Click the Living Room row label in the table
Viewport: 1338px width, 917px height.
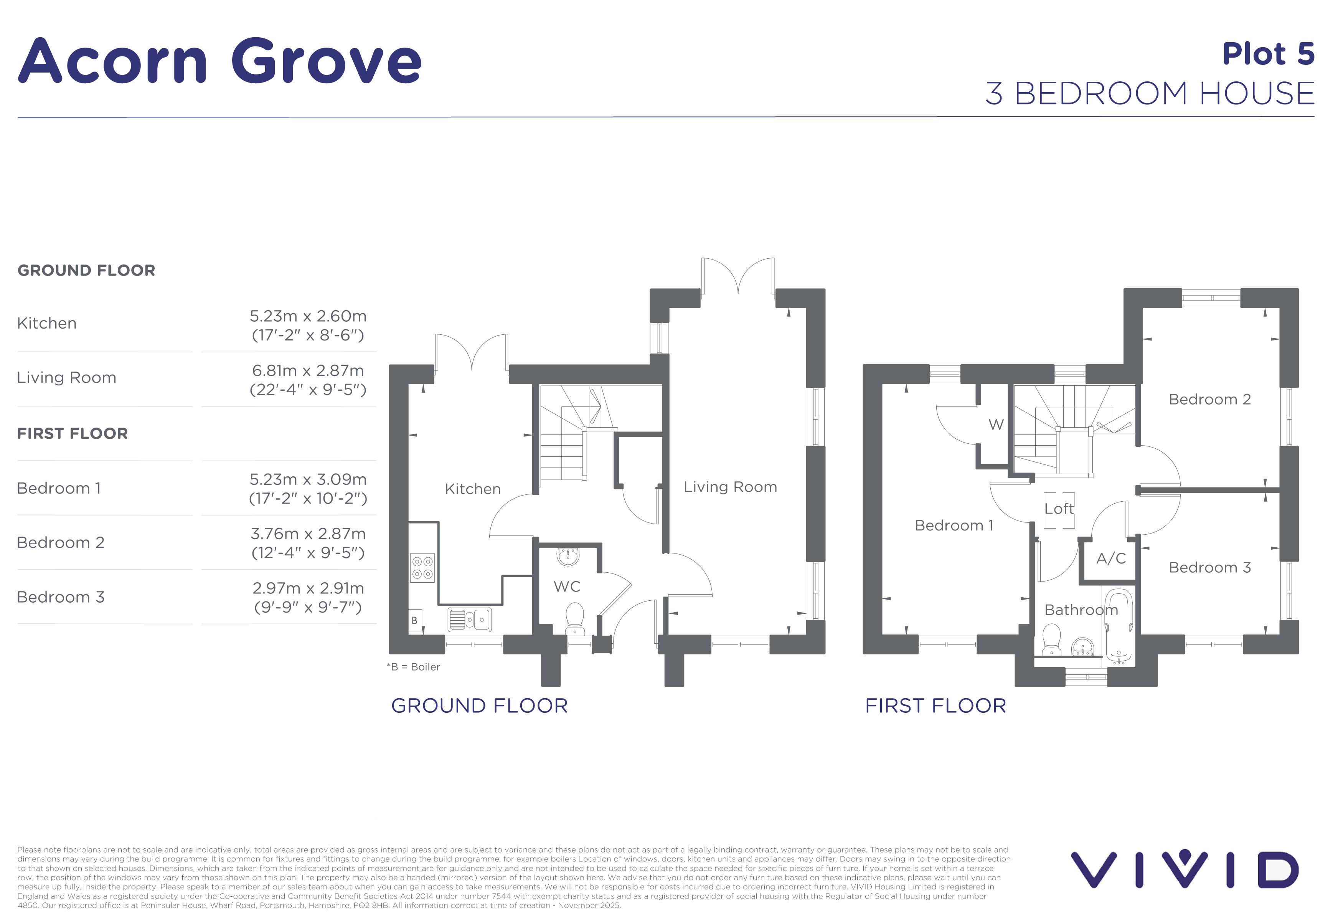67,377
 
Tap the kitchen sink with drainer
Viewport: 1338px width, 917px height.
469,620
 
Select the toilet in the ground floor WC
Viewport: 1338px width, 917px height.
574,618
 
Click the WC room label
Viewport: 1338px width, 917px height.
567,587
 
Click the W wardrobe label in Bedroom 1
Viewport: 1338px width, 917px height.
996,425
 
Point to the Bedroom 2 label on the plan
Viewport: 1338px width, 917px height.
1209,399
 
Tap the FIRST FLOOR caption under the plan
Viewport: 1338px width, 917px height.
935,706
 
